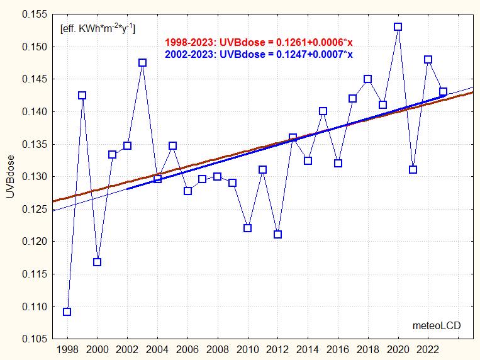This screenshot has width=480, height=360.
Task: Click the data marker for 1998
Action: [x=67, y=312]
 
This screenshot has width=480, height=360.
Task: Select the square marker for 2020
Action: [x=398, y=27]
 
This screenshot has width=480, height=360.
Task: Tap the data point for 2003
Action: [x=143, y=63]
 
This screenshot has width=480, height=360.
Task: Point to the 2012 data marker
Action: [x=277, y=235]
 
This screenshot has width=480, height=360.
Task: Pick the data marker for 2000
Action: [x=98, y=262]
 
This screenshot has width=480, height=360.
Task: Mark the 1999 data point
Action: [x=82, y=96]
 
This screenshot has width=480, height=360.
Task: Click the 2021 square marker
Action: [x=413, y=169]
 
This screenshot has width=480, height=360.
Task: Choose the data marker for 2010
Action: [x=247, y=228]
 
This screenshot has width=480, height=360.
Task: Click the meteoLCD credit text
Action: [x=436, y=325]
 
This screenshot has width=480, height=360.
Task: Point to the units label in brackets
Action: [x=97, y=28]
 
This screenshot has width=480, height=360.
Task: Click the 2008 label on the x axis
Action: [x=217, y=349]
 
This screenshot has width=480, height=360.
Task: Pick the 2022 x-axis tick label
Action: [x=428, y=349]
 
